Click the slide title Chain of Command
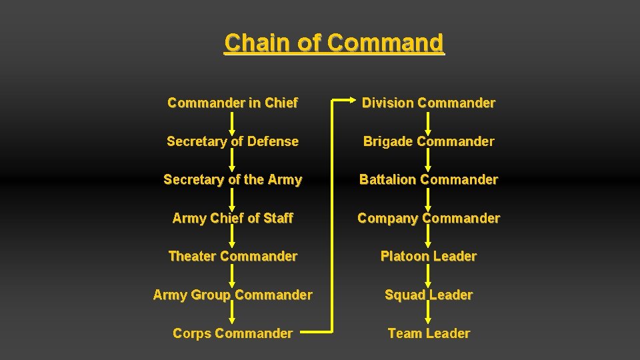(x=333, y=43)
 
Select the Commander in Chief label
(x=233, y=103)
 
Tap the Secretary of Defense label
(x=233, y=141)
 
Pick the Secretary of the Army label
(x=233, y=180)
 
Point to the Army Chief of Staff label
(x=233, y=218)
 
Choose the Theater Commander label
(x=233, y=257)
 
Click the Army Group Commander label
(x=233, y=295)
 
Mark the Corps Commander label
(x=233, y=333)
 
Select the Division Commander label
(x=429, y=103)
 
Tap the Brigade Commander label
(x=429, y=141)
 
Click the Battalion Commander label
(x=429, y=180)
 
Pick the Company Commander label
(x=429, y=218)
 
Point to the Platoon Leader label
(x=429, y=257)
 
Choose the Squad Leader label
(x=429, y=295)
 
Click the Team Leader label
(x=429, y=333)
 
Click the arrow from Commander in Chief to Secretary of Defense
(x=233, y=123)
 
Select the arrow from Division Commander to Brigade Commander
(x=429, y=123)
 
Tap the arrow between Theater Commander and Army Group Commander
(x=233, y=276)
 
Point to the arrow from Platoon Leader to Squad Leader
(x=429, y=276)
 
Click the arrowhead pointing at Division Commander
(x=354, y=101)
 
